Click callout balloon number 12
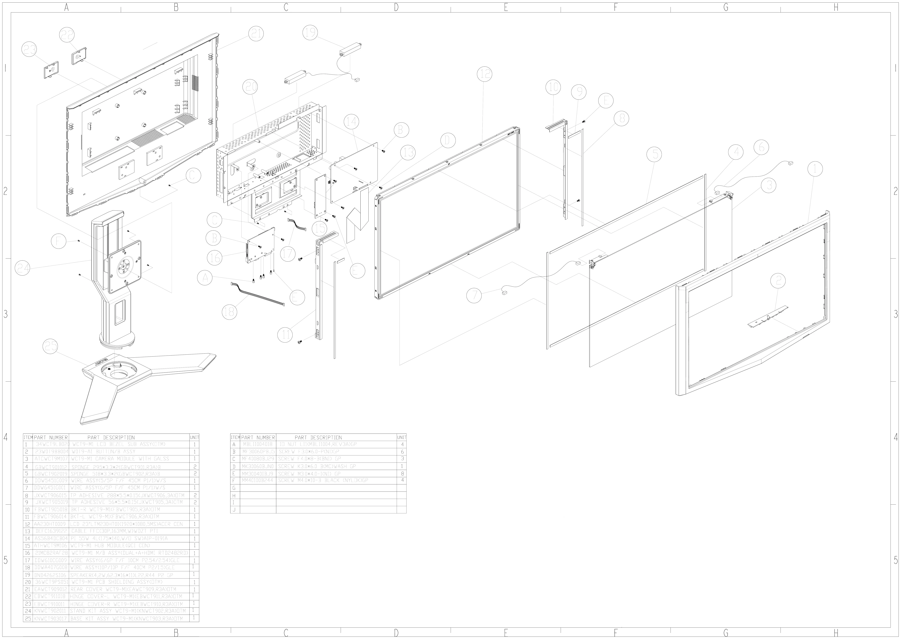click(x=485, y=74)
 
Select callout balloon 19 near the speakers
click(x=310, y=32)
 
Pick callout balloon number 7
click(x=474, y=295)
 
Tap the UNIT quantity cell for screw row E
click(x=402, y=473)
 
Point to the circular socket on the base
click(x=117, y=370)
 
